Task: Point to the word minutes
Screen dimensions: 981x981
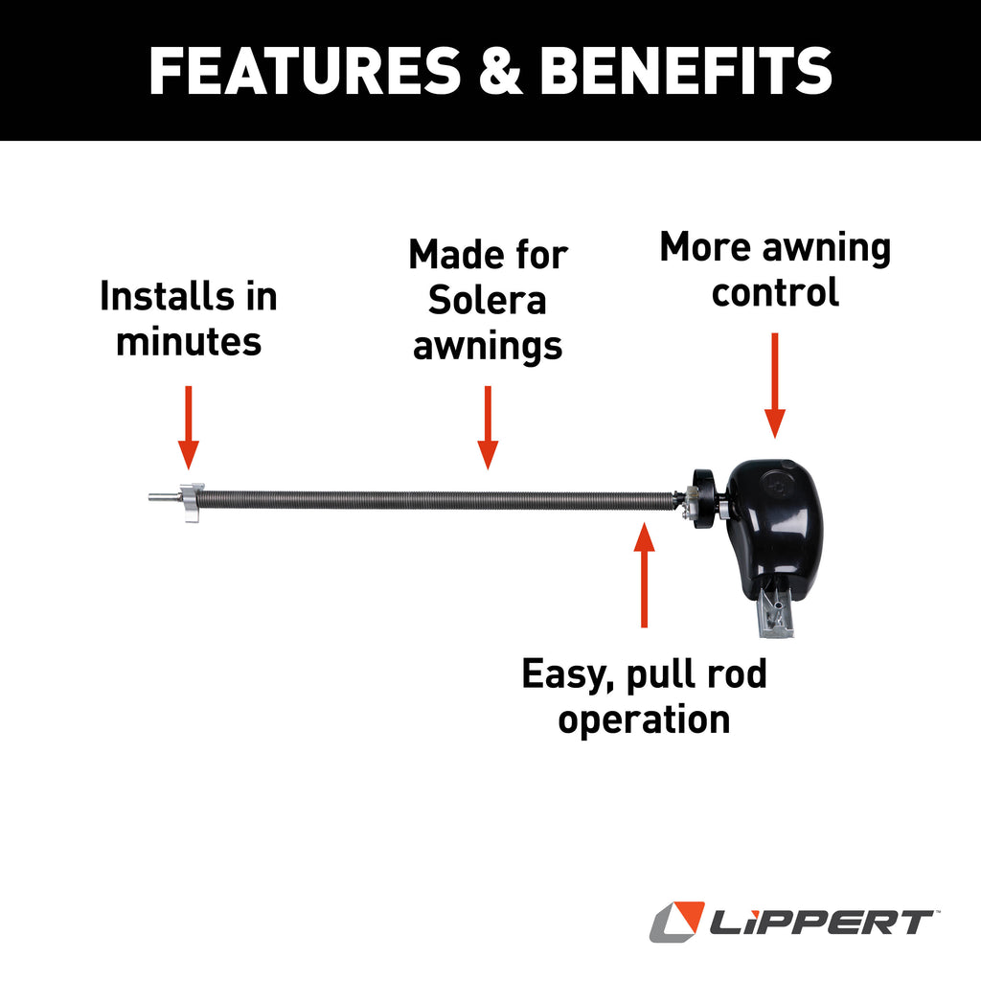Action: (189, 341)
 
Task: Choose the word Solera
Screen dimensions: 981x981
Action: (488, 301)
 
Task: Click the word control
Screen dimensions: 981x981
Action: (775, 292)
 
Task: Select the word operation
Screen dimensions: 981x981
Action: (644, 719)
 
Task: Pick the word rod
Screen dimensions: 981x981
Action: (739, 674)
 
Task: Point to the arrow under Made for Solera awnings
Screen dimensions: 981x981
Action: (488, 426)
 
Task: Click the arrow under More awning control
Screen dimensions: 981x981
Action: (775, 383)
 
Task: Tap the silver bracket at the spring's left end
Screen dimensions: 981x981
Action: (191, 502)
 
